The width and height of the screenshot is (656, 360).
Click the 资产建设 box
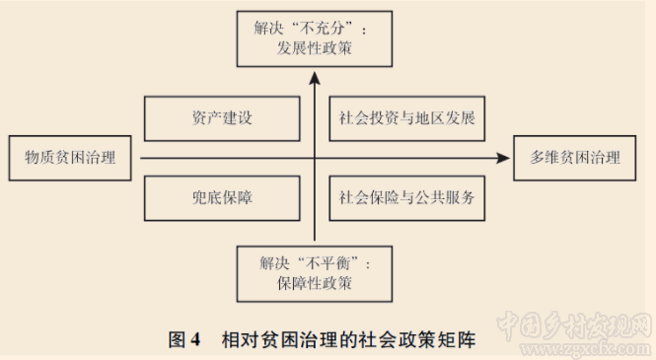coord(222,119)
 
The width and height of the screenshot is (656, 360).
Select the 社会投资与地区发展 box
coord(405,119)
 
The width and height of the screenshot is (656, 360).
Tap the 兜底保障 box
coord(222,196)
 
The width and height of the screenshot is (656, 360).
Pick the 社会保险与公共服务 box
coord(405,196)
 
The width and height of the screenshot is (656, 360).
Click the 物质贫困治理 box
coord(70,158)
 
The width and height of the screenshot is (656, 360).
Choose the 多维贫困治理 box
coord(573,158)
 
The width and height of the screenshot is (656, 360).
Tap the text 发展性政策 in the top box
coord(315,46)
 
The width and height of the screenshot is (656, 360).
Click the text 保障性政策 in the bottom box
coord(316,284)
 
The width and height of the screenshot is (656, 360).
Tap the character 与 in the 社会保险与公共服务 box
coord(405,196)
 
